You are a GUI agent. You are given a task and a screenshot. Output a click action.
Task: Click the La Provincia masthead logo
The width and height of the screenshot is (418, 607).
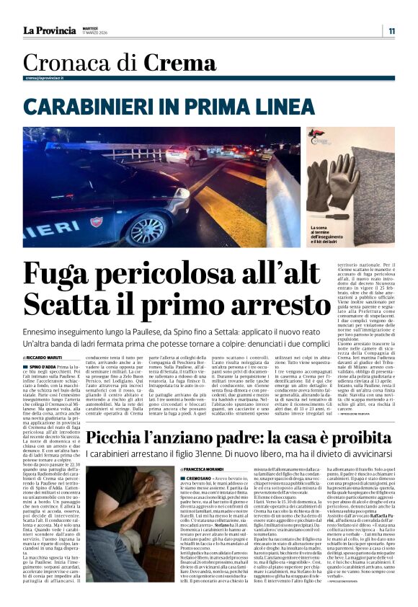[x=49, y=30]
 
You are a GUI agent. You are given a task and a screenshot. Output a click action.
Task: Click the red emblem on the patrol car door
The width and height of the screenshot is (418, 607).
[x=97, y=221]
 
